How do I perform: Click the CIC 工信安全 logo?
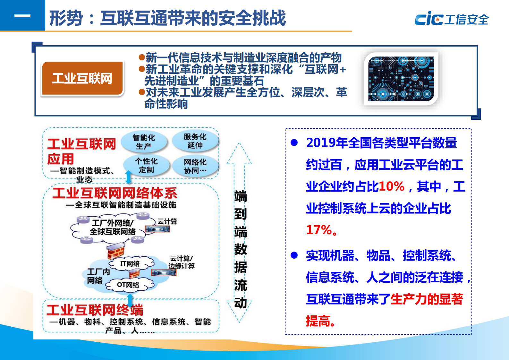(452, 19)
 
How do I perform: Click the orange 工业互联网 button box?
(82, 78)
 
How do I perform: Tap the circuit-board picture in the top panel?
(401, 79)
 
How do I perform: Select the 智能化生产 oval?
(144, 142)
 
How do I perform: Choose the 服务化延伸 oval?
(195, 141)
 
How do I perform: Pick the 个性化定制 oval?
(146, 165)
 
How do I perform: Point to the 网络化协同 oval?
(195, 166)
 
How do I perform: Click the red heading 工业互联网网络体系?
(115, 193)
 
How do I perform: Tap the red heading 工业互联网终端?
(95, 310)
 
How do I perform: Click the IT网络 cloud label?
(130, 264)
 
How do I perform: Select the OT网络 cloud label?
(128, 285)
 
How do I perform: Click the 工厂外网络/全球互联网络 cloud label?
(113, 227)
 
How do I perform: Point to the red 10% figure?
(392, 186)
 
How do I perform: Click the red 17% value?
(319, 230)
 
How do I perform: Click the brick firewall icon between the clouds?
(115, 251)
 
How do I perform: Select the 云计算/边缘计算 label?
(182, 262)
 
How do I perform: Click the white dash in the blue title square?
(22, 15)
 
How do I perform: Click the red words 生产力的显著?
(427, 299)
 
